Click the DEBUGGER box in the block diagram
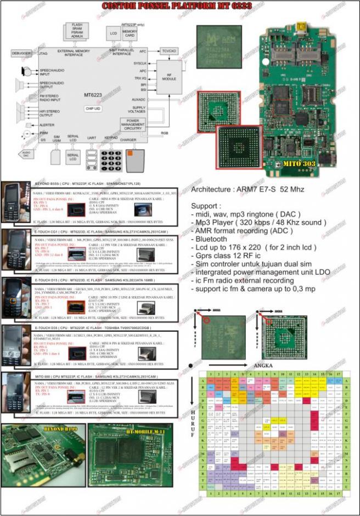(21, 53)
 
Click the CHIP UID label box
(93, 109)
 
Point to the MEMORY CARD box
(130, 34)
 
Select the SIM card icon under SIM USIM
(56, 156)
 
